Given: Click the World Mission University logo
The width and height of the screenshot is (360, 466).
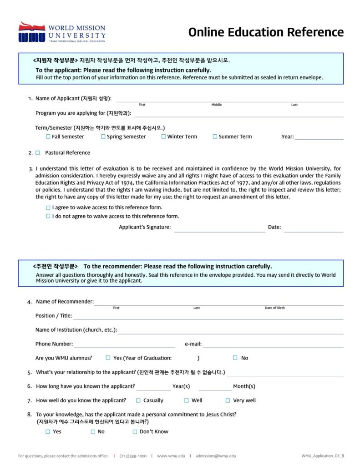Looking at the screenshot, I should click(x=61, y=32).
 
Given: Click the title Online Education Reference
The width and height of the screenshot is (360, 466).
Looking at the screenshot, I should click(x=266, y=32).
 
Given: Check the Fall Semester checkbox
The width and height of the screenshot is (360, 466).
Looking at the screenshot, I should click(x=48, y=137).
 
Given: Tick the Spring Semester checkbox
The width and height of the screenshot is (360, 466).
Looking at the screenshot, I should click(x=103, y=137).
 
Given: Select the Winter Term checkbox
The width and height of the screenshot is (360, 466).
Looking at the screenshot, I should click(x=163, y=137).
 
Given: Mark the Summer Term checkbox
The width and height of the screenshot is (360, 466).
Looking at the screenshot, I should click(x=215, y=137).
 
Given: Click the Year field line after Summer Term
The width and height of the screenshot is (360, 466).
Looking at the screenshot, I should click(x=319, y=138).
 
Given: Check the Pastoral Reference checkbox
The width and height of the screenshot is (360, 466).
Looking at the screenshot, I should click(x=38, y=153).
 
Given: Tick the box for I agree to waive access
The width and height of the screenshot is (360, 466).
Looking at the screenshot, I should click(x=48, y=208).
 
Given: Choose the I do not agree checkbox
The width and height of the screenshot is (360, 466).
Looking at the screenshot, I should click(x=48, y=217).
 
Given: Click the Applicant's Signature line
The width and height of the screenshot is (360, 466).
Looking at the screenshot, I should click(x=219, y=230).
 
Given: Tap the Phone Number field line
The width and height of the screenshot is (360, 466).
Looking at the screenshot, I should click(x=124, y=346).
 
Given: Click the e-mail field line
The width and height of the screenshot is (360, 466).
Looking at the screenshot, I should click(x=273, y=346).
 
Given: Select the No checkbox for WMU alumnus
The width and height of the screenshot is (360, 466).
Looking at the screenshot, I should click(x=235, y=358).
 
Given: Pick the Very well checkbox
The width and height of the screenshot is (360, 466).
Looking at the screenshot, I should click(x=228, y=400).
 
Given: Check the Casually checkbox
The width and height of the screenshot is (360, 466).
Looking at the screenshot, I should click(x=138, y=400).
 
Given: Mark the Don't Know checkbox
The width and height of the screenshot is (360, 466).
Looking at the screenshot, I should click(x=135, y=432).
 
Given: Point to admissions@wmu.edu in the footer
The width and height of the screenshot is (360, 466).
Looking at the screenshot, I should click(x=216, y=456).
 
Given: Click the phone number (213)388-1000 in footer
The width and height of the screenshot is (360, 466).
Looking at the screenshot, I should click(x=133, y=456).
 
